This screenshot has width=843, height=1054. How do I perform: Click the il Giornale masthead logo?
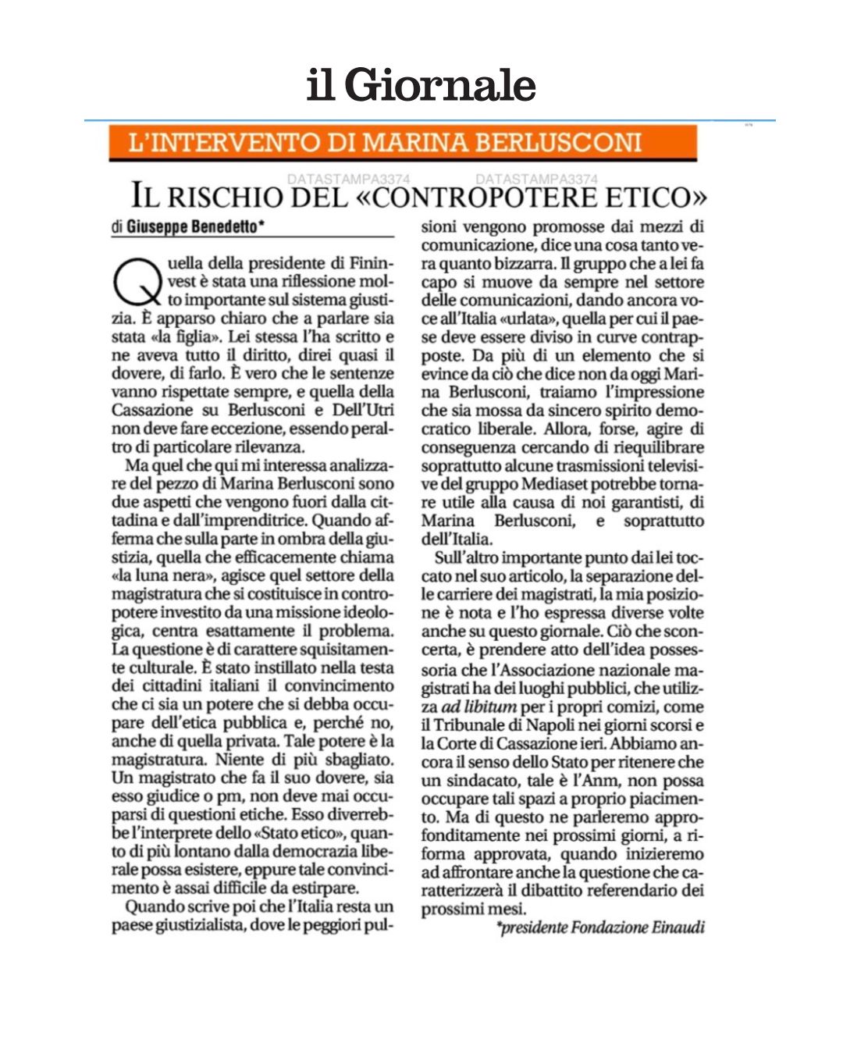click(x=421, y=84)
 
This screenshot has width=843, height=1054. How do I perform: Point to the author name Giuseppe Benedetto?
click(x=191, y=227)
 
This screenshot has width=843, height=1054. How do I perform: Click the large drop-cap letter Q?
click(x=136, y=282)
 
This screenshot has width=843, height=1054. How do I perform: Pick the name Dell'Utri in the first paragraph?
click(x=364, y=411)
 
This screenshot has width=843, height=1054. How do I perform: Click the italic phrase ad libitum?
click(x=478, y=707)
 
